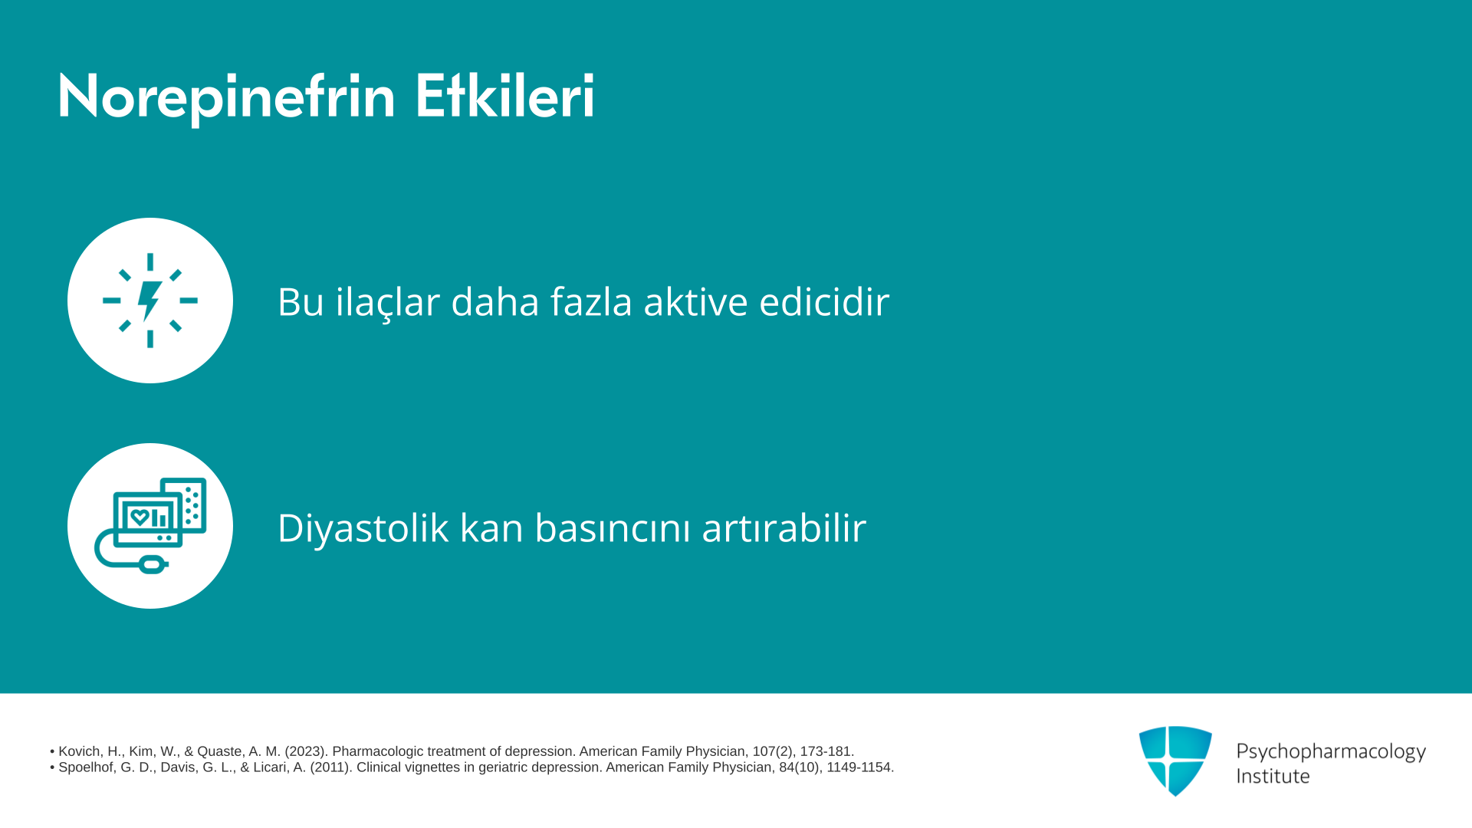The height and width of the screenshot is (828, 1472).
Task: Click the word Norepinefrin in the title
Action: click(226, 97)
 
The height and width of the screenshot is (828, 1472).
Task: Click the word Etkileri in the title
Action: click(504, 96)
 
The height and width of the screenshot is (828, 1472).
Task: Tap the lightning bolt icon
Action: click(150, 301)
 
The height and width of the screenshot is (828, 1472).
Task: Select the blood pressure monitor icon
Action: click(150, 526)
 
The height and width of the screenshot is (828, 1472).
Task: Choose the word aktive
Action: click(695, 301)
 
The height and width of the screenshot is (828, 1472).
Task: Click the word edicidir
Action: click(824, 301)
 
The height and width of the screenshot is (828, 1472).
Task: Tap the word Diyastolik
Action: click(363, 527)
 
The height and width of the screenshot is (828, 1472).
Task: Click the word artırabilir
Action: click(784, 527)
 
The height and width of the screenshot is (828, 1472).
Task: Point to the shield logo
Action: click(1175, 761)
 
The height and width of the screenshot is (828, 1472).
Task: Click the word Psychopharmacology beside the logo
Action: click(1331, 752)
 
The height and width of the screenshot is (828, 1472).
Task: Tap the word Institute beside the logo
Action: click(1273, 776)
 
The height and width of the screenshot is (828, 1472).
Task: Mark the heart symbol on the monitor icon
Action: click(139, 517)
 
